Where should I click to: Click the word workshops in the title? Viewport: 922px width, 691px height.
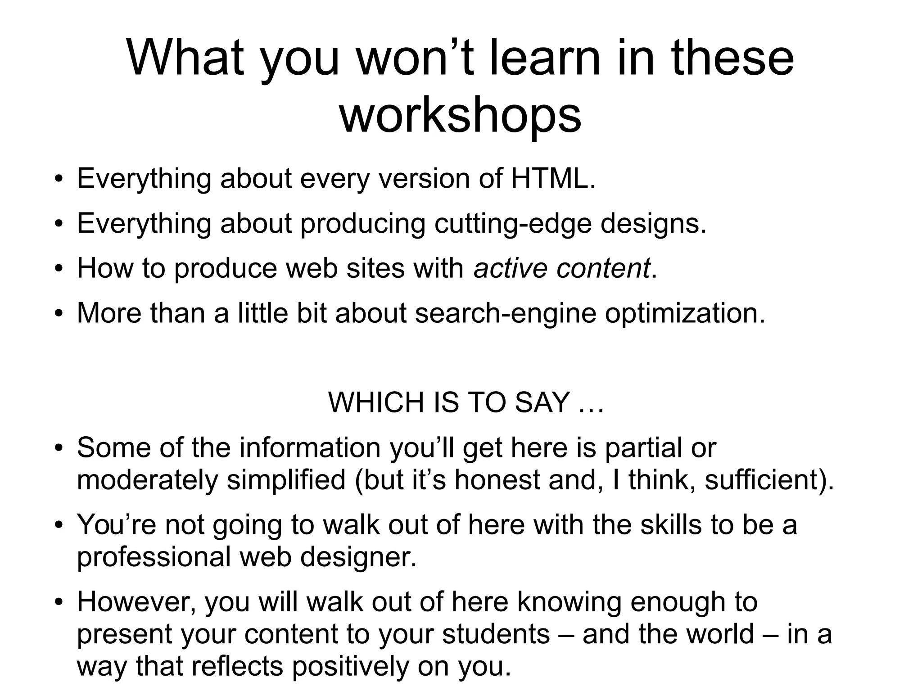click(x=460, y=116)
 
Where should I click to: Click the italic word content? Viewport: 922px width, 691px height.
click(x=603, y=268)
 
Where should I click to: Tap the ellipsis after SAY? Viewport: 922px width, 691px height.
click(x=590, y=402)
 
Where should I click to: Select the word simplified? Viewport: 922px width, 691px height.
click(x=286, y=480)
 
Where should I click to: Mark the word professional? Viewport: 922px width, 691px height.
click(x=154, y=557)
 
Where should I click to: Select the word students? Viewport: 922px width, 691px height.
click(x=496, y=634)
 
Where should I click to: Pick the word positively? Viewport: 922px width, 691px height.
click(x=350, y=667)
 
